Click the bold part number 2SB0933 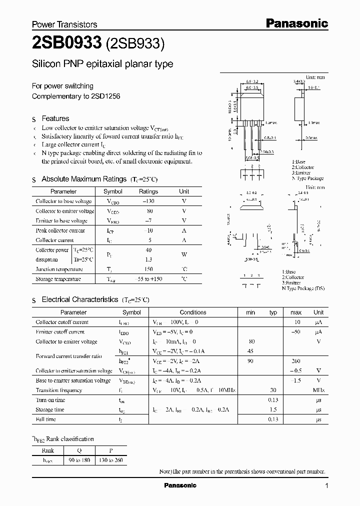[66, 44]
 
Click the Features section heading [55, 118]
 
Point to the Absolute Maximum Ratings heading [83, 179]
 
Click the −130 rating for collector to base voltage [148, 201]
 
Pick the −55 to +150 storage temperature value [148, 279]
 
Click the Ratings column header [148, 191]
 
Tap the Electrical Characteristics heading [79, 299]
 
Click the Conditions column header [192, 312]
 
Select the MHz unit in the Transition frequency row [318, 390]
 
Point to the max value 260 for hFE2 [296, 361]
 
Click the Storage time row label [50, 409]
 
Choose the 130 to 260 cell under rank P [111, 460]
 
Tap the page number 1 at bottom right [326, 486]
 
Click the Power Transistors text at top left [64, 24]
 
